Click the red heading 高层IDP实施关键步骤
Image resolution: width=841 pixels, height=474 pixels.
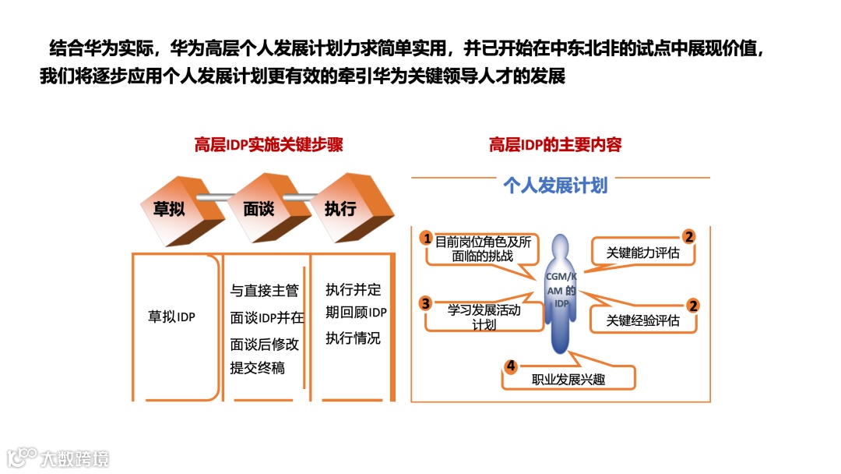click(x=268, y=145)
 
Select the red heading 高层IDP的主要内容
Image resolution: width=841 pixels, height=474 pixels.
click(x=555, y=145)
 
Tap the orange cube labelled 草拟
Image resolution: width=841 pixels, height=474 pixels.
click(x=173, y=208)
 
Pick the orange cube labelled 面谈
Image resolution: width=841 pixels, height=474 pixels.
click(x=259, y=209)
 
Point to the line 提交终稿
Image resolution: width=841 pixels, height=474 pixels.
click(x=257, y=368)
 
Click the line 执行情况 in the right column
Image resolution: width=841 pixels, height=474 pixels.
click(x=353, y=338)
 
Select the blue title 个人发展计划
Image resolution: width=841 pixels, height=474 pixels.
click(x=555, y=186)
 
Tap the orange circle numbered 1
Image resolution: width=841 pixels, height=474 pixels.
click(x=425, y=237)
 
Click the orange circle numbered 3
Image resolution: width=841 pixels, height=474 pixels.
click(x=425, y=302)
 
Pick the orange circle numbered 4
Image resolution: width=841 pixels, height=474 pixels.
click(x=511, y=366)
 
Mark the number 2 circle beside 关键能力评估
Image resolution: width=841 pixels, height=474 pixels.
click(x=688, y=237)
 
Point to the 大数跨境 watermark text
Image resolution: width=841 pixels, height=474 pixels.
click(x=76, y=458)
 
